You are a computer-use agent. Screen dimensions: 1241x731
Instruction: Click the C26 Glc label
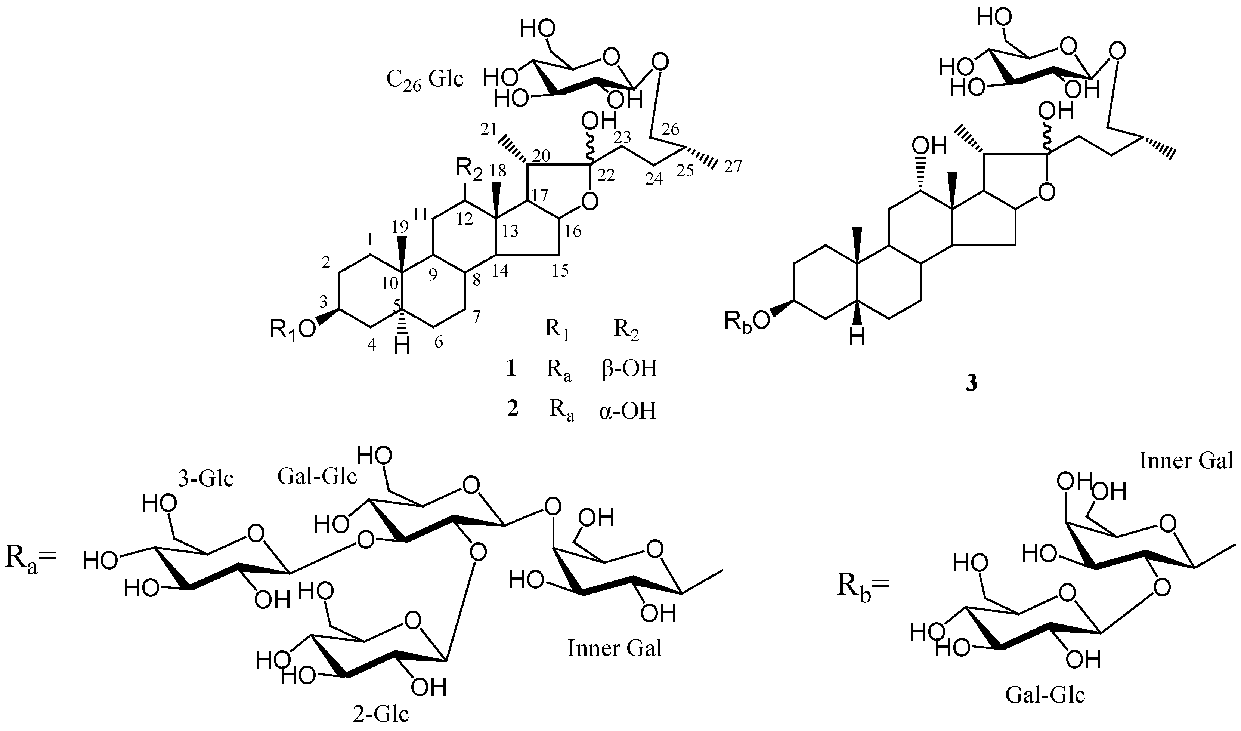pyautogui.click(x=424, y=79)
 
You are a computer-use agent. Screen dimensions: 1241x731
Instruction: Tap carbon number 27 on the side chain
pyautogui.click(x=732, y=167)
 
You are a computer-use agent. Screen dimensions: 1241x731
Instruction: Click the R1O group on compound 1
pyautogui.click(x=293, y=329)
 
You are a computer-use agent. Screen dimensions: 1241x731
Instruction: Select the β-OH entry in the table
pyautogui.click(x=629, y=368)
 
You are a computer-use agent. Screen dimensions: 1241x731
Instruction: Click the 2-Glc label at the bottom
pyautogui.click(x=381, y=714)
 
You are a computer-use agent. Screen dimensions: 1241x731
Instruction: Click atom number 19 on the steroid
pyautogui.click(x=400, y=226)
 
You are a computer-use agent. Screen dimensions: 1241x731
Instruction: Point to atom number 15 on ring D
pyautogui.click(x=560, y=270)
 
